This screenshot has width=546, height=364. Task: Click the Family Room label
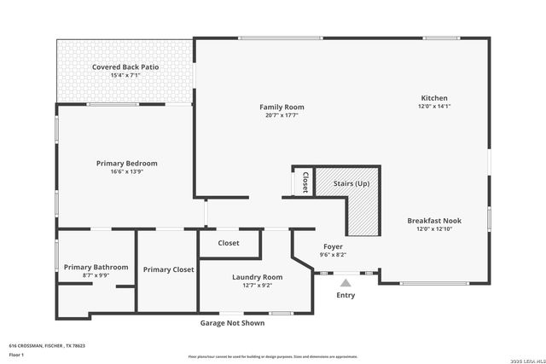282,107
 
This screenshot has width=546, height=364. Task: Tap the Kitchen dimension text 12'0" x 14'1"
433,107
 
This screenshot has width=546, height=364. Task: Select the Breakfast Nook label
433,220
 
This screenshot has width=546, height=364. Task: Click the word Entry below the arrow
346,295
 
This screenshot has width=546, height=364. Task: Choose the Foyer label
333,246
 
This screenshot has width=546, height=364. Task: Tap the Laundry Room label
257,277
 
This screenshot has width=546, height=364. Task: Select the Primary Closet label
168,269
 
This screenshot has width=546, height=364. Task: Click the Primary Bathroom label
96,267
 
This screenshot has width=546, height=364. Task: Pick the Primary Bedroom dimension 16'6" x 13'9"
126,171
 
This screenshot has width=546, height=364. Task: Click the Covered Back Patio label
125,66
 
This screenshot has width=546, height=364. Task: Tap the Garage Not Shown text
232,323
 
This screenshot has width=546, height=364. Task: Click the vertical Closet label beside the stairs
305,182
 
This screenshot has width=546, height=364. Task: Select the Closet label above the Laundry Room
229,243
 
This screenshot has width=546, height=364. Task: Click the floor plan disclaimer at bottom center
273,355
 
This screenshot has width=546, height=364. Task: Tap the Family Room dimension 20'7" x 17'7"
282,116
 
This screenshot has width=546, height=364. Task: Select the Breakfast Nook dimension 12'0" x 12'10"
433,228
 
